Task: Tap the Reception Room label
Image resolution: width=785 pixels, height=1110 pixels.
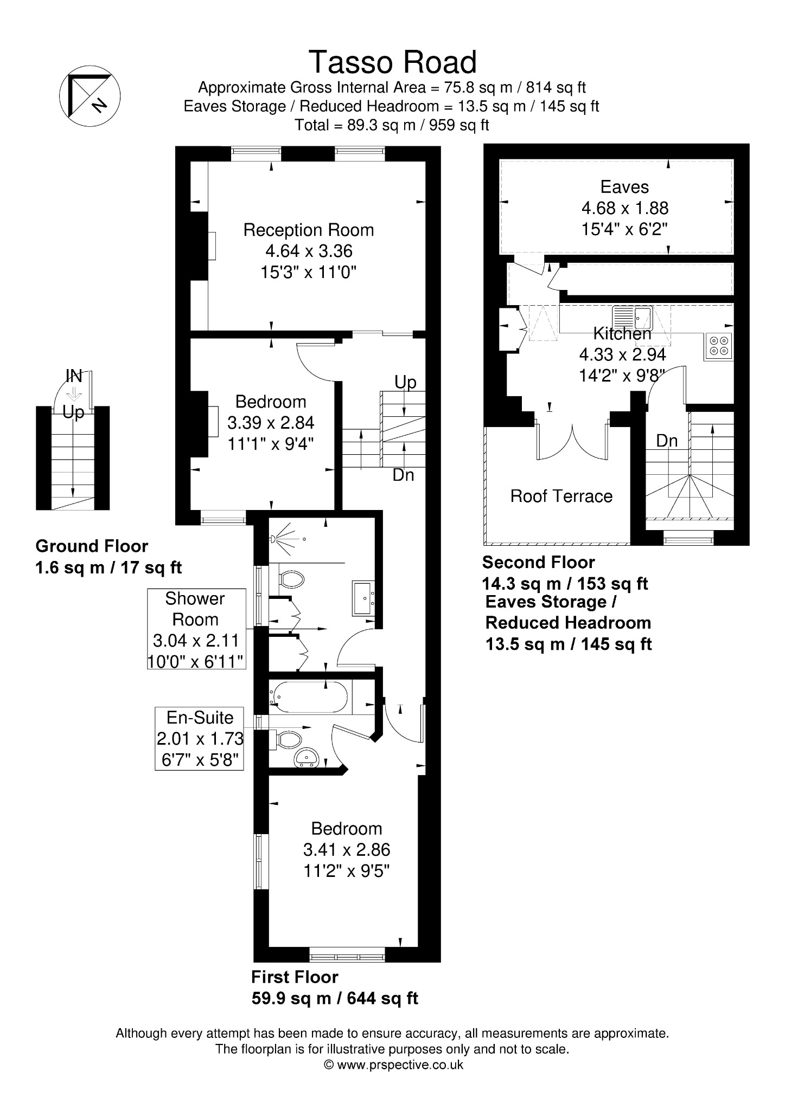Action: [x=309, y=230]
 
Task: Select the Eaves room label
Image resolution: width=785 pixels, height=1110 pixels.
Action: [x=624, y=187]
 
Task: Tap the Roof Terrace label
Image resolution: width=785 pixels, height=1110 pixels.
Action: [x=561, y=496]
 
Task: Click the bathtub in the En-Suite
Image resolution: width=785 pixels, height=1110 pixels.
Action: [x=310, y=698]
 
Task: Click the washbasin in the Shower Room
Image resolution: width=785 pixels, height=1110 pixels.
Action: [x=363, y=598]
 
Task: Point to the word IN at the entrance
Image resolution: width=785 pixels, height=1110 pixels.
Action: [x=74, y=375]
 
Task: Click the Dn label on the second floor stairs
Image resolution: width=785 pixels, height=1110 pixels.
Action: [x=667, y=441]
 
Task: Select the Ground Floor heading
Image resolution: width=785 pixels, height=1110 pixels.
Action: [x=92, y=546]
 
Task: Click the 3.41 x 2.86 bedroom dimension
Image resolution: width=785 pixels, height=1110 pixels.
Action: [x=347, y=850]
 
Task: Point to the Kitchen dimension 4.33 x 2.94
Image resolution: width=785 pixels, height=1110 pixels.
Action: [x=622, y=354]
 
